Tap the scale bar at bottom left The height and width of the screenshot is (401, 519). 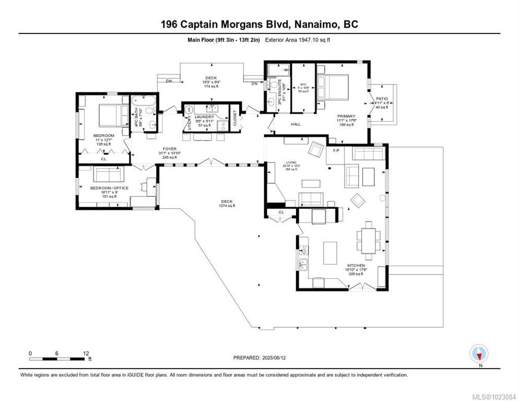tap(58, 358)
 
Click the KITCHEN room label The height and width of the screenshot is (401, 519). tap(356, 266)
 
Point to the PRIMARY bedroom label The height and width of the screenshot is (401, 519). tap(346, 116)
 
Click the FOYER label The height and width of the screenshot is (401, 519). tap(169, 149)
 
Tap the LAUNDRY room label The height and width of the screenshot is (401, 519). tap(204, 117)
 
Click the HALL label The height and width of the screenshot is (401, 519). tap(295, 124)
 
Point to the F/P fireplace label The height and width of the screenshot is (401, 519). tap(336, 150)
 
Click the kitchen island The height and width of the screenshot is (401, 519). tap(330, 252)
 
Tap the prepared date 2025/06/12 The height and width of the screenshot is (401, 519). tap(259, 358)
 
